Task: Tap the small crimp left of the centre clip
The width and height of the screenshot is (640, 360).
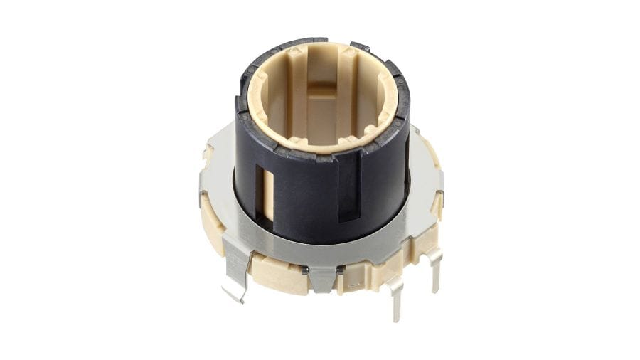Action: tap(304, 269)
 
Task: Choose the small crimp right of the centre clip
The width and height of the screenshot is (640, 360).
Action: tap(341, 269)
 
